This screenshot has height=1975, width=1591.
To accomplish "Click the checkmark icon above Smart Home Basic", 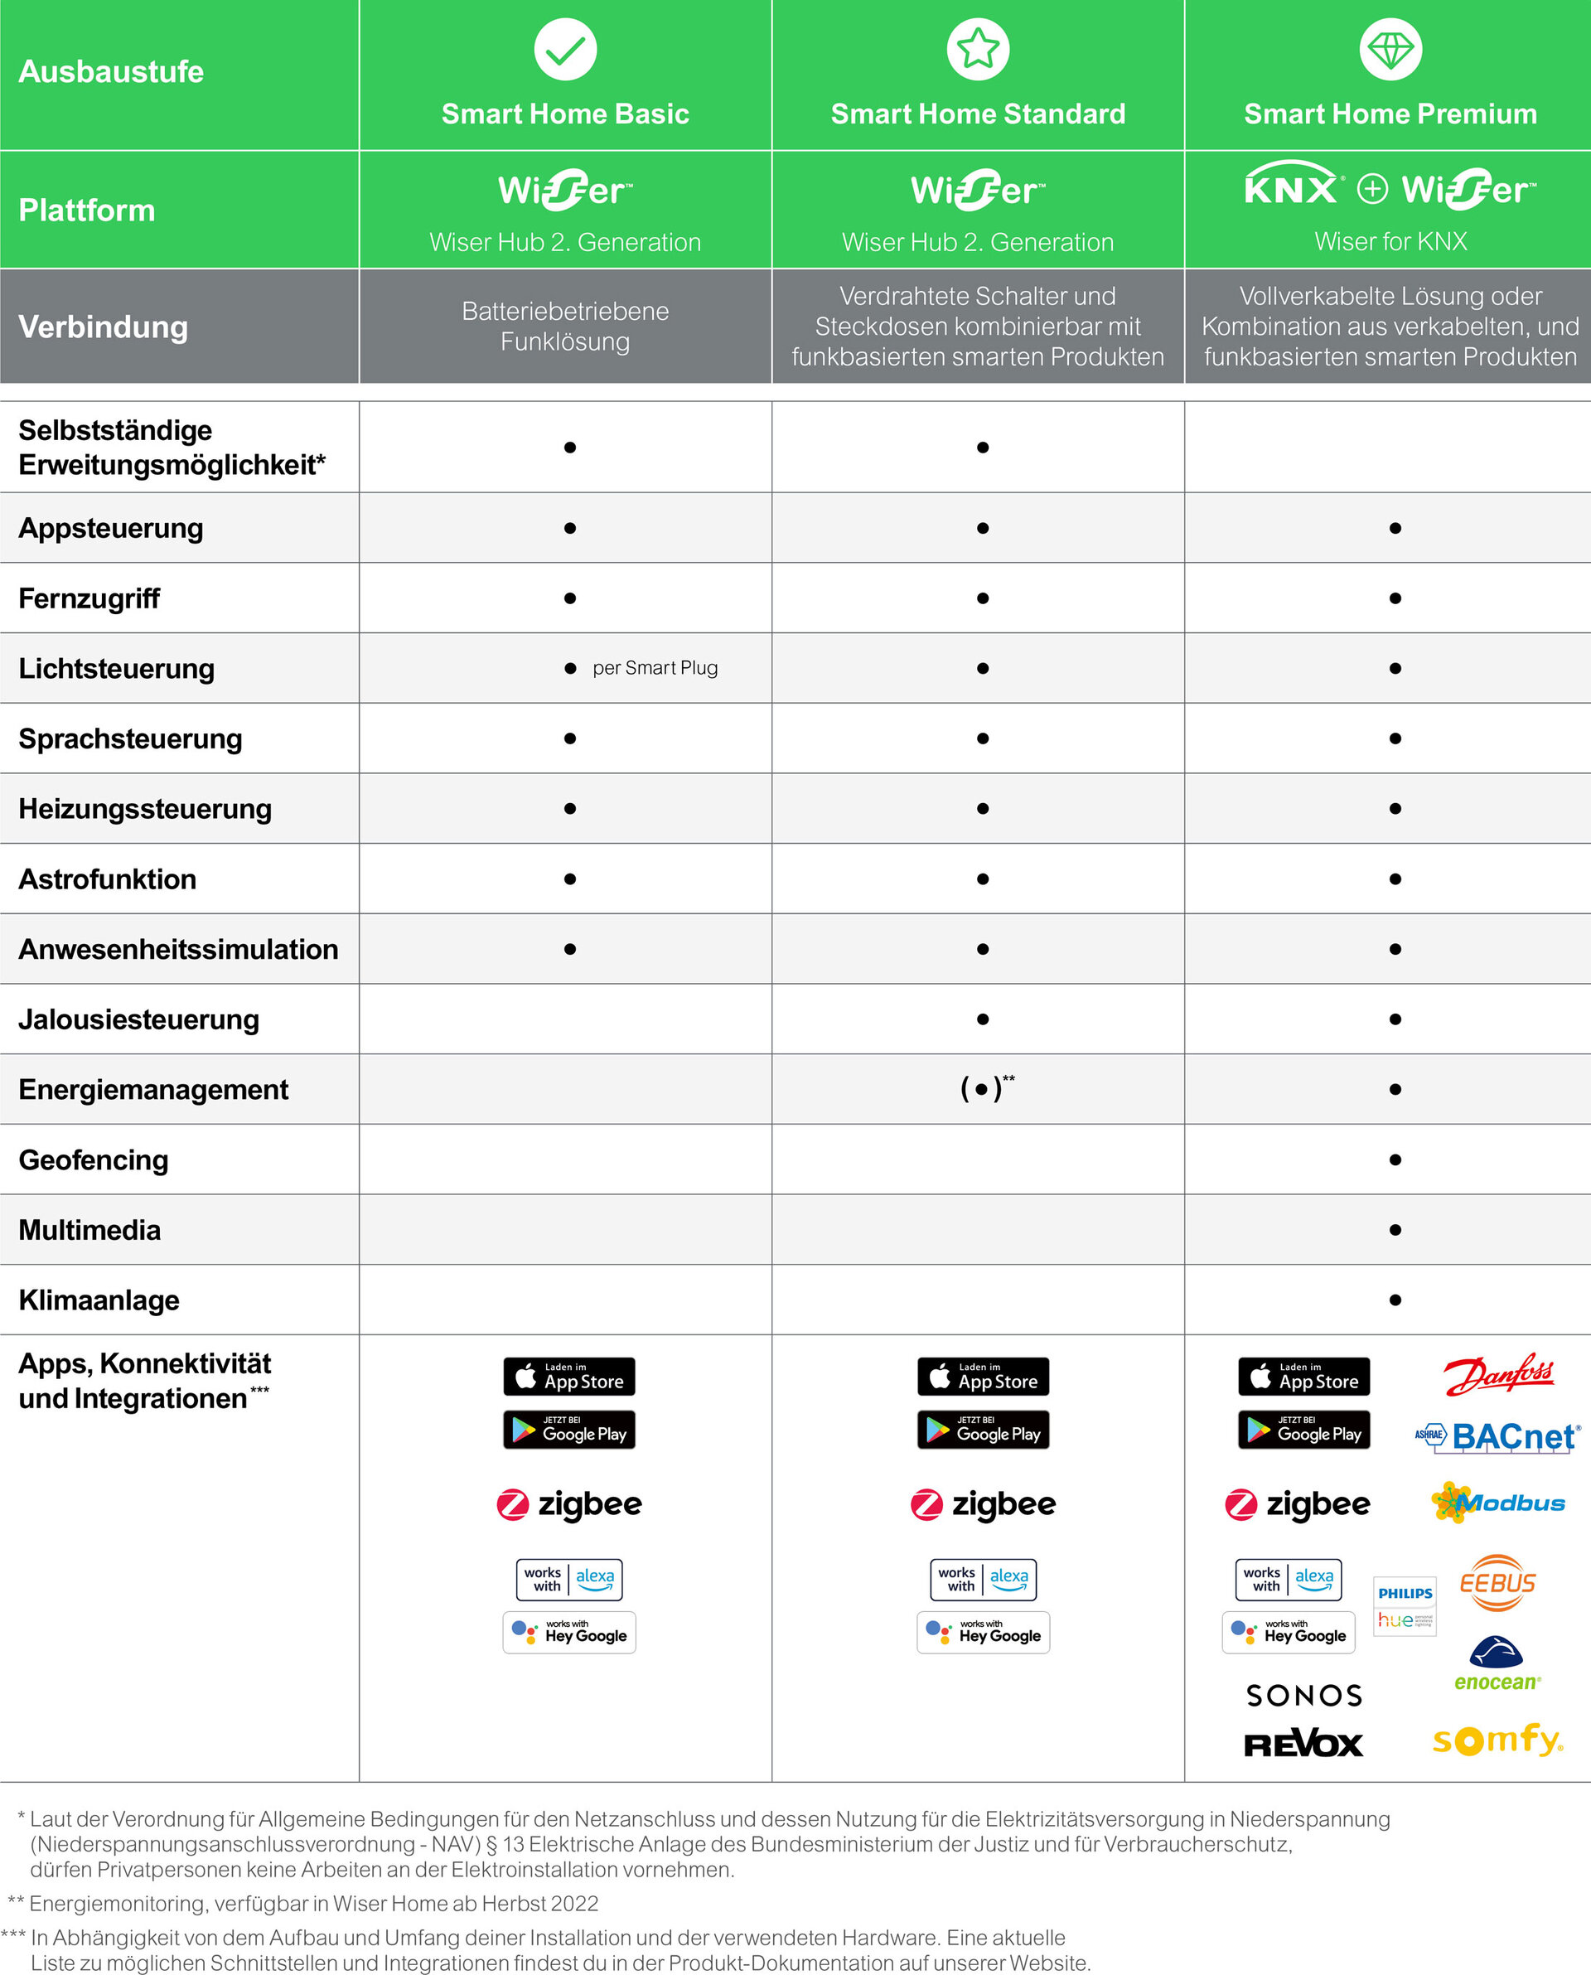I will tap(565, 50).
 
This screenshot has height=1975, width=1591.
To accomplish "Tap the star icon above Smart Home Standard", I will tap(978, 50).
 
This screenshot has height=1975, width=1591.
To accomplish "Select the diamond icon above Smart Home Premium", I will tap(1390, 50).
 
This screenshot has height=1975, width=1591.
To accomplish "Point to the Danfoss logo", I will tap(1497, 1375).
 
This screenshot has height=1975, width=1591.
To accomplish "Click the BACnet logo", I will tap(1496, 1436).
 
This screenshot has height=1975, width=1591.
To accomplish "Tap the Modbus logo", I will tap(1497, 1503).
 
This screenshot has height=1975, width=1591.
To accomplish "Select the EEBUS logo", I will tap(1497, 1583).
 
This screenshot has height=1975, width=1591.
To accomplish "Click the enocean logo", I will tap(1497, 1663).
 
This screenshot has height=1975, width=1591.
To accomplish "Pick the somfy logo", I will tap(1497, 1739).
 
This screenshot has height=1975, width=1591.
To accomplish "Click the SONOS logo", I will tap(1304, 1696).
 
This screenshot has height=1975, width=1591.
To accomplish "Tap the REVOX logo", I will tap(1303, 1744).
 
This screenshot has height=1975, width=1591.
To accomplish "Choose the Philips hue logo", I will tap(1405, 1605).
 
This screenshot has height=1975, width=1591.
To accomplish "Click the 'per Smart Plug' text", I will tap(655, 668).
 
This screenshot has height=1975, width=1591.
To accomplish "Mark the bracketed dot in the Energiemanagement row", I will tap(983, 1090).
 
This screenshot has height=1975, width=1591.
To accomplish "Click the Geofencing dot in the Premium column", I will tap(1395, 1160).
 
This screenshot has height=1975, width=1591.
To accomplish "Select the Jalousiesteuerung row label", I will tap(139, 1019).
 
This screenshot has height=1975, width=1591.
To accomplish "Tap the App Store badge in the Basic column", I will tap(569, 1377).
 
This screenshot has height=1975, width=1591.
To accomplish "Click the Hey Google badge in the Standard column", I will tap(984, 1632).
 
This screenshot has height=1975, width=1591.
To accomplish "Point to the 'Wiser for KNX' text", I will tap(1390, 241).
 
